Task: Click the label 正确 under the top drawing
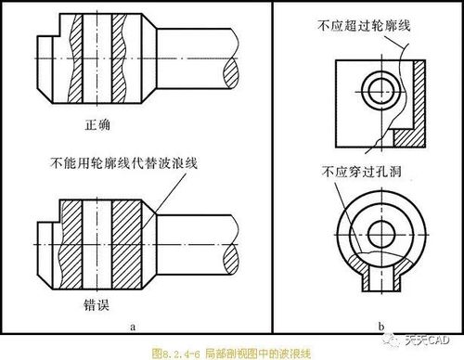click(97, 124)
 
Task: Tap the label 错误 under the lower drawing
click(97, 304)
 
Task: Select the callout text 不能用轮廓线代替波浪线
click(123, 162)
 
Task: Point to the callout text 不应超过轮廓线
click(364, 25)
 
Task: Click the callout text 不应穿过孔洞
click(362, 172)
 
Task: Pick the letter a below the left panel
click(133, 327)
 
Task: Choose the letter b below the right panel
click(381, 326)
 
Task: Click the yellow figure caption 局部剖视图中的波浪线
click(258, 353)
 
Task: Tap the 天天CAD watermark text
click(427, 341)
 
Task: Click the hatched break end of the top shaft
click(231, 73)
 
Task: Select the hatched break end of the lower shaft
click(231, 259)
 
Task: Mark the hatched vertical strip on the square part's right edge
click(419, 95)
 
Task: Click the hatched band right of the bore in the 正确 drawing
click(119, 58)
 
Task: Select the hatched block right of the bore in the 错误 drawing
click(127, 244)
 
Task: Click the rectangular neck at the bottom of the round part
click(381, 277)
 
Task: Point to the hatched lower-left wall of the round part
click(356, 264)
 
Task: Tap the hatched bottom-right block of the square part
click(409, 138)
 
